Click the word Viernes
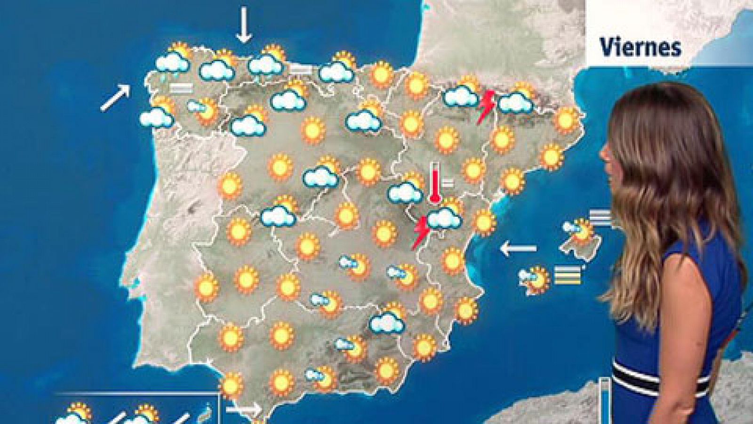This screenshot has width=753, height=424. click(x=641, y=47)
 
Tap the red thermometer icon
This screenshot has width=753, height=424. click(x=434, y=184)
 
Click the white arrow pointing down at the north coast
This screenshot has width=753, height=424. click(x=243, y=24)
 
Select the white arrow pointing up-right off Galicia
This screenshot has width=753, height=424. click(x=115, y=98)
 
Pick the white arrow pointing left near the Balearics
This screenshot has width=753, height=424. click(x=518, y=248)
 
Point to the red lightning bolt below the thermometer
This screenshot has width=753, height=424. click(x=420, y=232)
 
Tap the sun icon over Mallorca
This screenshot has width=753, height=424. click(x=584, y=231)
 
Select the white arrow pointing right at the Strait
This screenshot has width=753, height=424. click(x=243, y=408)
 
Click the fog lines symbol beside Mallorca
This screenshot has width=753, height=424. click(x=600, y=217)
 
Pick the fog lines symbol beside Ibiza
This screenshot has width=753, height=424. click(x=567, y=275)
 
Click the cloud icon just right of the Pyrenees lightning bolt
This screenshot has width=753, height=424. click(x=515, y=102)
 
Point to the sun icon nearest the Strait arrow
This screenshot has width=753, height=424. click(x=232, y=384)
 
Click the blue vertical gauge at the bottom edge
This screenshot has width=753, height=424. click(x=604, y=400)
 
